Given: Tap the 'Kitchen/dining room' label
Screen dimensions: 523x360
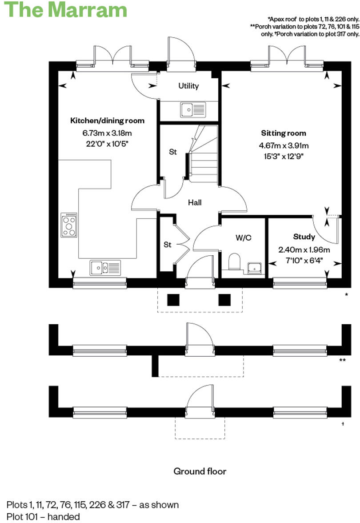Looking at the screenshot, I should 108,121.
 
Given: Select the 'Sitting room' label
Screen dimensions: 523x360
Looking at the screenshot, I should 284,133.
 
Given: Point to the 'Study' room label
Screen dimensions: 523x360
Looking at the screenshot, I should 304,237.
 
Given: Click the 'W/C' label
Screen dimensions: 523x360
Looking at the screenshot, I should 243,237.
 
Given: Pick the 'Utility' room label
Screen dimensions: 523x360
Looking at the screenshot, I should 188,86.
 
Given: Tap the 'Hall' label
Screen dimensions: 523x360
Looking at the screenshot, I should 195,202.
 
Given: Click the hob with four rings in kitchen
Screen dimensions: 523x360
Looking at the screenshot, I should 69,225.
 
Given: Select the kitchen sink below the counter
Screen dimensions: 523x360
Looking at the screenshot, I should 105,268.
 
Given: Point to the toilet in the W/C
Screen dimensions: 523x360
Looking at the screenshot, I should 234,262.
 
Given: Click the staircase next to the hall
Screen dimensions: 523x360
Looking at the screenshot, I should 204,156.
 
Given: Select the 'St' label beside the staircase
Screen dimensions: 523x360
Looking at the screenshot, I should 173,152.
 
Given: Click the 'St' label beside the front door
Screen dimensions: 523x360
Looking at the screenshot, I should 168,245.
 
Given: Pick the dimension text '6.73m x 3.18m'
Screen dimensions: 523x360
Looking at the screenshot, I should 108,133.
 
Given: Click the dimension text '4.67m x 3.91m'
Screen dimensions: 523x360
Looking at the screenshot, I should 284,145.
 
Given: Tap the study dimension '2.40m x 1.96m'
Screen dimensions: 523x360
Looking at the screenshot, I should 304,249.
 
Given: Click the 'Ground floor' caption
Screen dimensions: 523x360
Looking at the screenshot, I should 200,471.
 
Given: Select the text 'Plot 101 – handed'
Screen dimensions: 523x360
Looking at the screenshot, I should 43,516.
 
